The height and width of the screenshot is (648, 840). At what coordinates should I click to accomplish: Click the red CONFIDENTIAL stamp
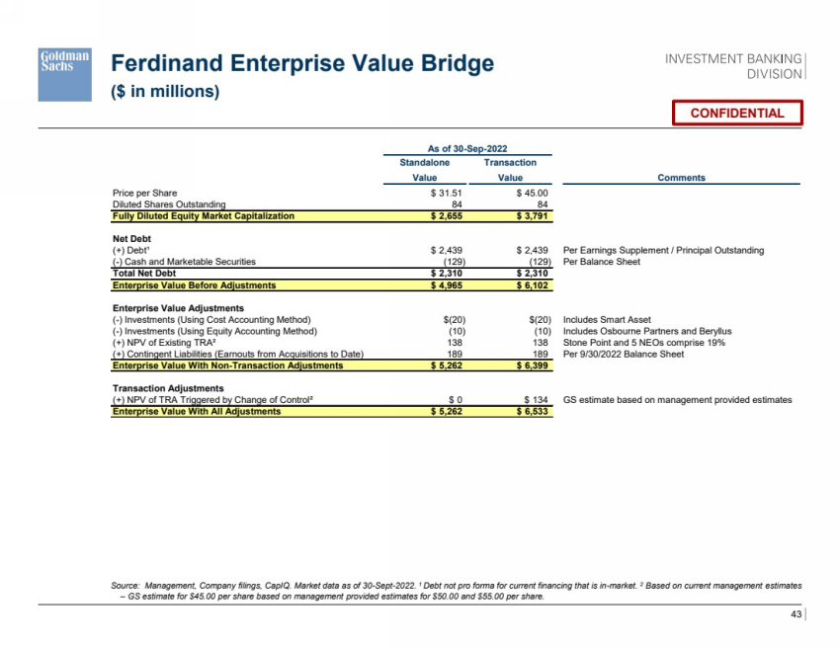[737, 113]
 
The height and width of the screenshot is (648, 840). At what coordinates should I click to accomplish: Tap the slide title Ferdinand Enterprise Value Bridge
[302, 65]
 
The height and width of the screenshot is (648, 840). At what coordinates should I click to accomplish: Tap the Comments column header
[681, 178]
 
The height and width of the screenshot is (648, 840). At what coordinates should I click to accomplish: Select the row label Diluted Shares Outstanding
[169, 204]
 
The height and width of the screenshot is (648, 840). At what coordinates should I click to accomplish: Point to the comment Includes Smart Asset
[607, 320]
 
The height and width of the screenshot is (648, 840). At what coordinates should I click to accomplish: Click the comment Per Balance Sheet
[601, 262]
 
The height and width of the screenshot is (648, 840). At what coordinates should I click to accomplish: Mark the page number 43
[797, 615]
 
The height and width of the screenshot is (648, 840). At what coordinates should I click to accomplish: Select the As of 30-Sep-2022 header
[466, 146]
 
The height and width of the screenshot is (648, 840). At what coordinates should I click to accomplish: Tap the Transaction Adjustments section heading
[168, 388]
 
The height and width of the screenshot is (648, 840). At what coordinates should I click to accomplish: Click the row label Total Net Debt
[146, 273]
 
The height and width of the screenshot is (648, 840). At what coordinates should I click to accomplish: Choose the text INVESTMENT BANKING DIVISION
[734, 66]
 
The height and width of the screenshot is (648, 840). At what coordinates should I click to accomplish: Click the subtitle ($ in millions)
[164, 92]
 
